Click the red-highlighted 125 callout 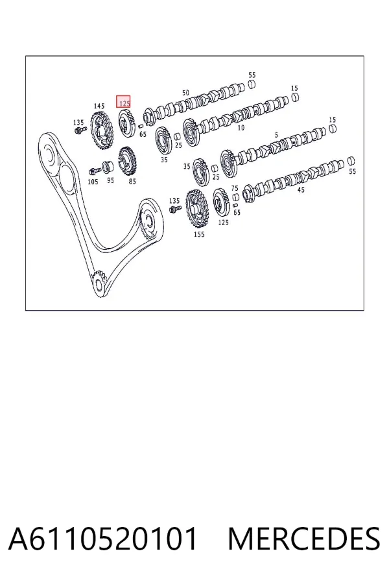point(124,102)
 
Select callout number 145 point(99,106)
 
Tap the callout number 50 point(185,92)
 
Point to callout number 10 point(241,128)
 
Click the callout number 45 point(301,189)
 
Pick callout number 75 point(235,188)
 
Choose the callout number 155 point(199,234)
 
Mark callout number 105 point(93,182)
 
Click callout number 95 point(111,180)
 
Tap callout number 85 point(132,182)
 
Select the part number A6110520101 point(102,539)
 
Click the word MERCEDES point(304,539)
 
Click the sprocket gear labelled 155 point(196,210)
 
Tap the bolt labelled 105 point(95,171)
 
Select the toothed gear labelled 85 point(127,162)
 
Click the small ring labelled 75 point(235,197)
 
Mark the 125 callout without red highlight point(223,223)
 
